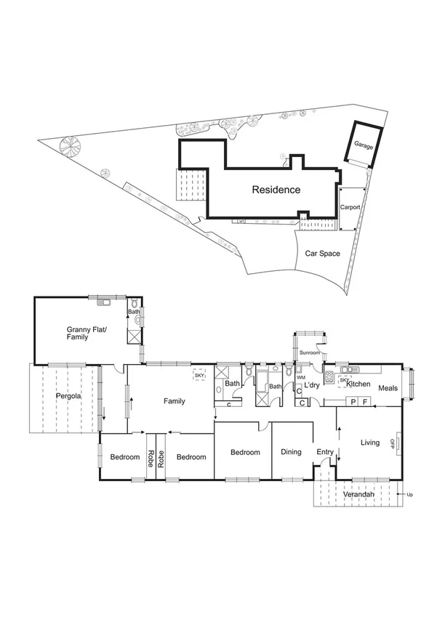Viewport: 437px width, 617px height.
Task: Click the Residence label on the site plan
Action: coord(276,190)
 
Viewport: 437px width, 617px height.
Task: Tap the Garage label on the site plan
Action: coord(364,145)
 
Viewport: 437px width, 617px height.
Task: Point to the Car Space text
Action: coord(322,254)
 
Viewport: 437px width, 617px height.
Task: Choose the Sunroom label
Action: coord(310,352)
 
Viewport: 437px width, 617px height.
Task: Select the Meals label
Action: coord(388,388)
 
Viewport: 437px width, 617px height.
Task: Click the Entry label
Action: coord(324,452)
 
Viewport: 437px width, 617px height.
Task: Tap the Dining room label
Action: coord(291,452)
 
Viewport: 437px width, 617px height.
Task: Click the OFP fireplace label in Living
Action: coord(392,443)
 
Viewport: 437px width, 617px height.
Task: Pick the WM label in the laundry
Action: coord(300,377)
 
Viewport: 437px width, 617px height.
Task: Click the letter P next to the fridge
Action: coord(353,401)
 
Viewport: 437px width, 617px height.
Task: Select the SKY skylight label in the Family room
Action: coord(198,376)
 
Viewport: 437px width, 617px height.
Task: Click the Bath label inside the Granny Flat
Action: coord(134,312)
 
